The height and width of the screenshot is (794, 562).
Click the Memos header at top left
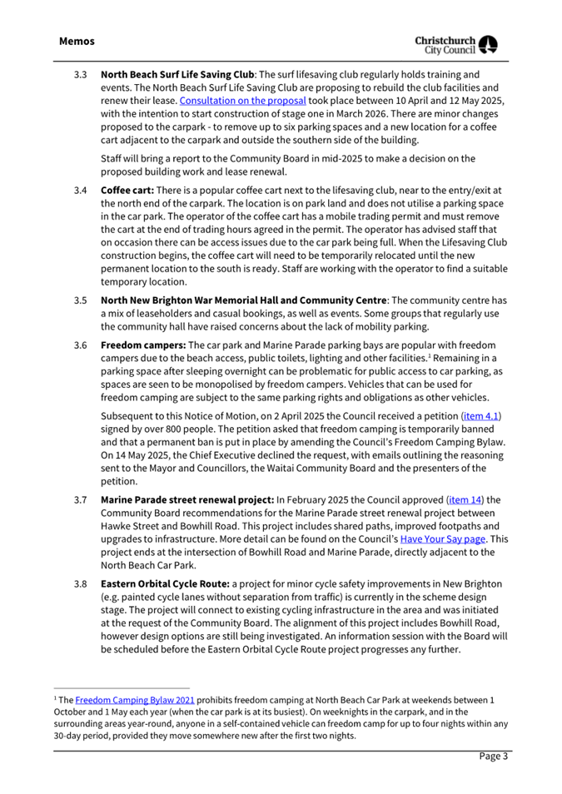(x=77, y=41)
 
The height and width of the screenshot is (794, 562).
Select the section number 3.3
(x=81, y=75)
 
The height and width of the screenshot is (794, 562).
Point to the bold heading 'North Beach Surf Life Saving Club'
(x=177, y=75)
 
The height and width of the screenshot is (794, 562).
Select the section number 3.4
(x=81, y=191)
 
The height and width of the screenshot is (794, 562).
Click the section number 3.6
(x=81, y=345)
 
